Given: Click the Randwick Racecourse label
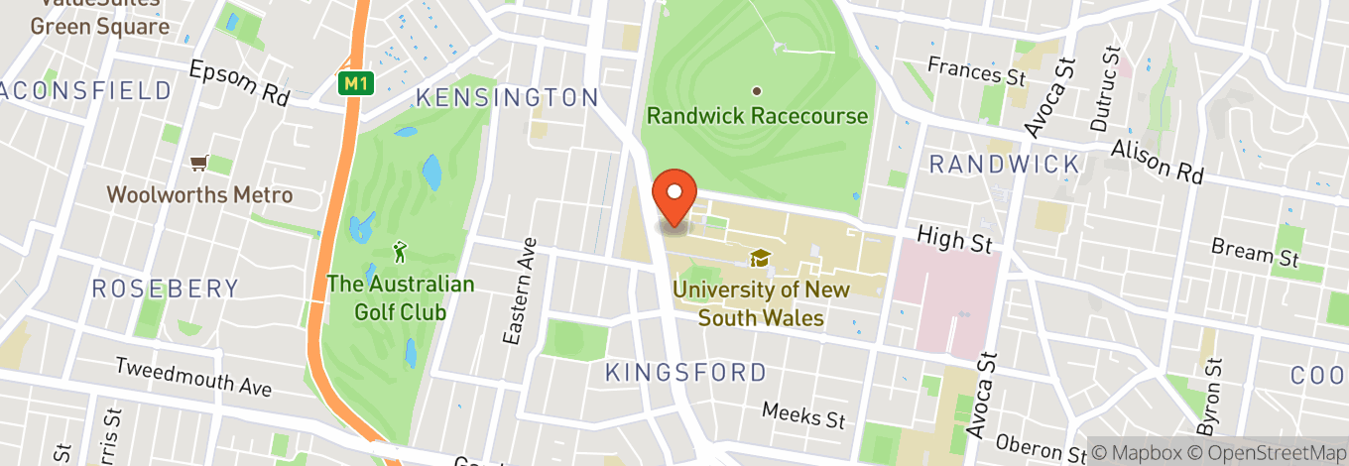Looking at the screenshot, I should [x=757, y=116].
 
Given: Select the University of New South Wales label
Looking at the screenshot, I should [x=761, y=303].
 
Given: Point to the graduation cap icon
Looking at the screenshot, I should [x=760, y=259].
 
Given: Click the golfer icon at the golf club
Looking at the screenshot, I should [x=400, y=251].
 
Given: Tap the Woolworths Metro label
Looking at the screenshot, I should [x=199, y=194].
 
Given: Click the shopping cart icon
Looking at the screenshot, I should [x=199, y=162].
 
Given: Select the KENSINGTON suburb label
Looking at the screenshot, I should [x=507, y=97].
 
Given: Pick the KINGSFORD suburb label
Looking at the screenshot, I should [x=685, y=373].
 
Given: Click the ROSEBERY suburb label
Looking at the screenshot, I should [x=166, y=289].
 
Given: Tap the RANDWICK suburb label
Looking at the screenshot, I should [x=1004, y=165].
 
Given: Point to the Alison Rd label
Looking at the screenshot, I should [x=1157, y=161].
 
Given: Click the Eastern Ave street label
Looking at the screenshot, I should [x=518, y=291].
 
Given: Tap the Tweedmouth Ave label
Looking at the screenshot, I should [x=193, y=377].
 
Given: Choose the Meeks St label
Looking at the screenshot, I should [x=803, y=415].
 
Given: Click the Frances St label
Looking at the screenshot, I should [x=962, y=71].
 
